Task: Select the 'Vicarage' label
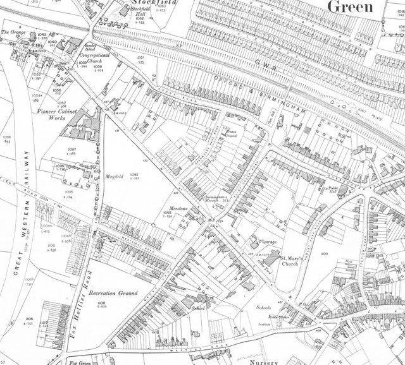tap(269, 241)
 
